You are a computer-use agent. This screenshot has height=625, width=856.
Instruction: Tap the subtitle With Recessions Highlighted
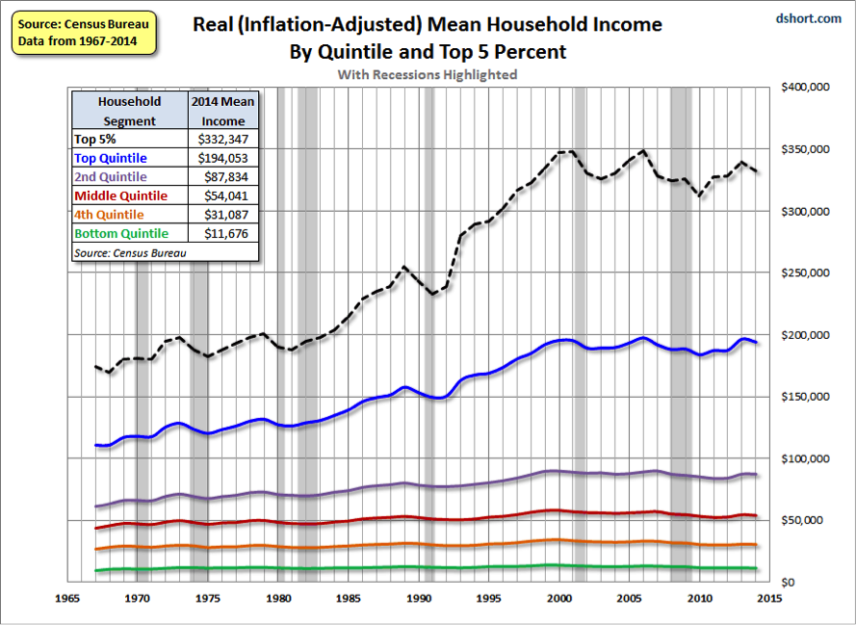point(427,74)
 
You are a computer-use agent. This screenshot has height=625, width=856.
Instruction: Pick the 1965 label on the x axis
point(65,598)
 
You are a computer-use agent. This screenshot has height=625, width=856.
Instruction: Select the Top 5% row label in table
point(94,140)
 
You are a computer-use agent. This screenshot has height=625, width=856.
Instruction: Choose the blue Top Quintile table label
point(111,158)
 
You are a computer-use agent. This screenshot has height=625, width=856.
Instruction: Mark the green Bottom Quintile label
point(121,233)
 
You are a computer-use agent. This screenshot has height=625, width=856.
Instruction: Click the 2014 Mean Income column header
point(222,111)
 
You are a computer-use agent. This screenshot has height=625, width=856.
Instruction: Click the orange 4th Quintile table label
point(109,214)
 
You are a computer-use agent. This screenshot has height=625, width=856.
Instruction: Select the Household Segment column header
point(129,111)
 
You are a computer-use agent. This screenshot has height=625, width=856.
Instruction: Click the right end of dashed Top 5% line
point(758,171)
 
